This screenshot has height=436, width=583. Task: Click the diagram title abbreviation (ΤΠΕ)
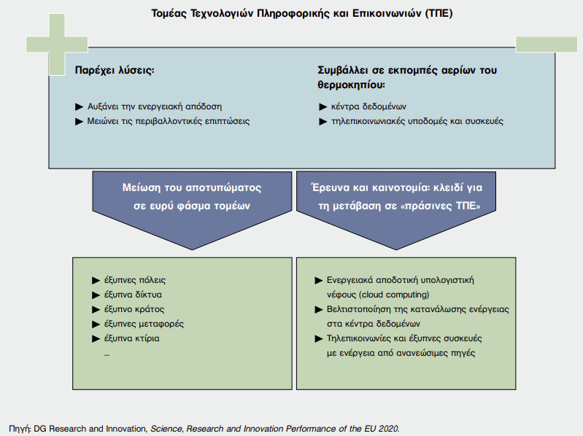pyautogui.click(x=439, y=13)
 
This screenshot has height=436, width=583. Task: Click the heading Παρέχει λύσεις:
pyautogui.click(x=115, y=70)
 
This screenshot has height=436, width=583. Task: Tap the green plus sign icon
pyautogui.click(x=57, y=44)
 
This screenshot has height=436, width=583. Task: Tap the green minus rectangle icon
pyautogui.click(x=547, y=44)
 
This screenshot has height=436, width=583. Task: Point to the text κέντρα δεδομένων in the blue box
pyautogui.click(x=368, y=106)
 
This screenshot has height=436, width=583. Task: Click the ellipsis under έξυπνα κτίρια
pyautogui.click(x=107, y=355)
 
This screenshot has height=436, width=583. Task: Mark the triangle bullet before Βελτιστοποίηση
pyautogui.click(x=319, y=309)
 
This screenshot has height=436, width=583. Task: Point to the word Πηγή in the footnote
pyautogui.click(x=19, y=429)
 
